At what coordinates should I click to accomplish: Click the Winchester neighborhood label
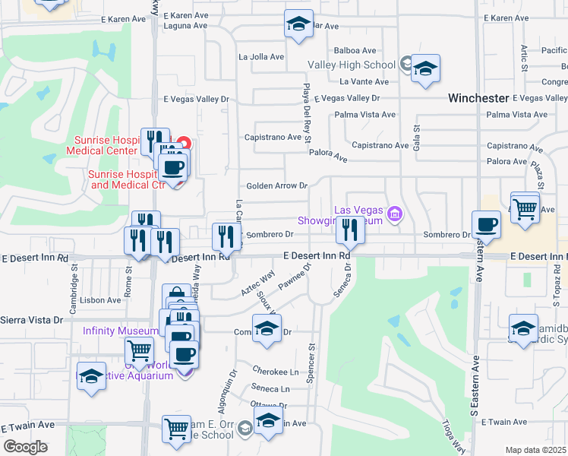click(478, 98)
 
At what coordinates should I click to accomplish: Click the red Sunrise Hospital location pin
click(182, 143)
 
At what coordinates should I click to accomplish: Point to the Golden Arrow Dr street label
click(276, 185)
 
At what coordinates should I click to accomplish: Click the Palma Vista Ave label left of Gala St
click(367, 115)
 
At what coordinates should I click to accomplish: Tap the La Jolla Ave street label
click(261, 56)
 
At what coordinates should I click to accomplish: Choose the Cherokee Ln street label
click(278, 372)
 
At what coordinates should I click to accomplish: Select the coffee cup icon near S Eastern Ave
click(486, 224)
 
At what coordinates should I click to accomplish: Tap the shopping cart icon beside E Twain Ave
click(177, 428)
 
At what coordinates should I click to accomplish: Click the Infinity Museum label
click(120, 331)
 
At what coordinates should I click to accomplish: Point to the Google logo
click(26, 447)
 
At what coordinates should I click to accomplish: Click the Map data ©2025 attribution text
click(535, 450)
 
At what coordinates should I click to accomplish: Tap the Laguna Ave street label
click(186, 25)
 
